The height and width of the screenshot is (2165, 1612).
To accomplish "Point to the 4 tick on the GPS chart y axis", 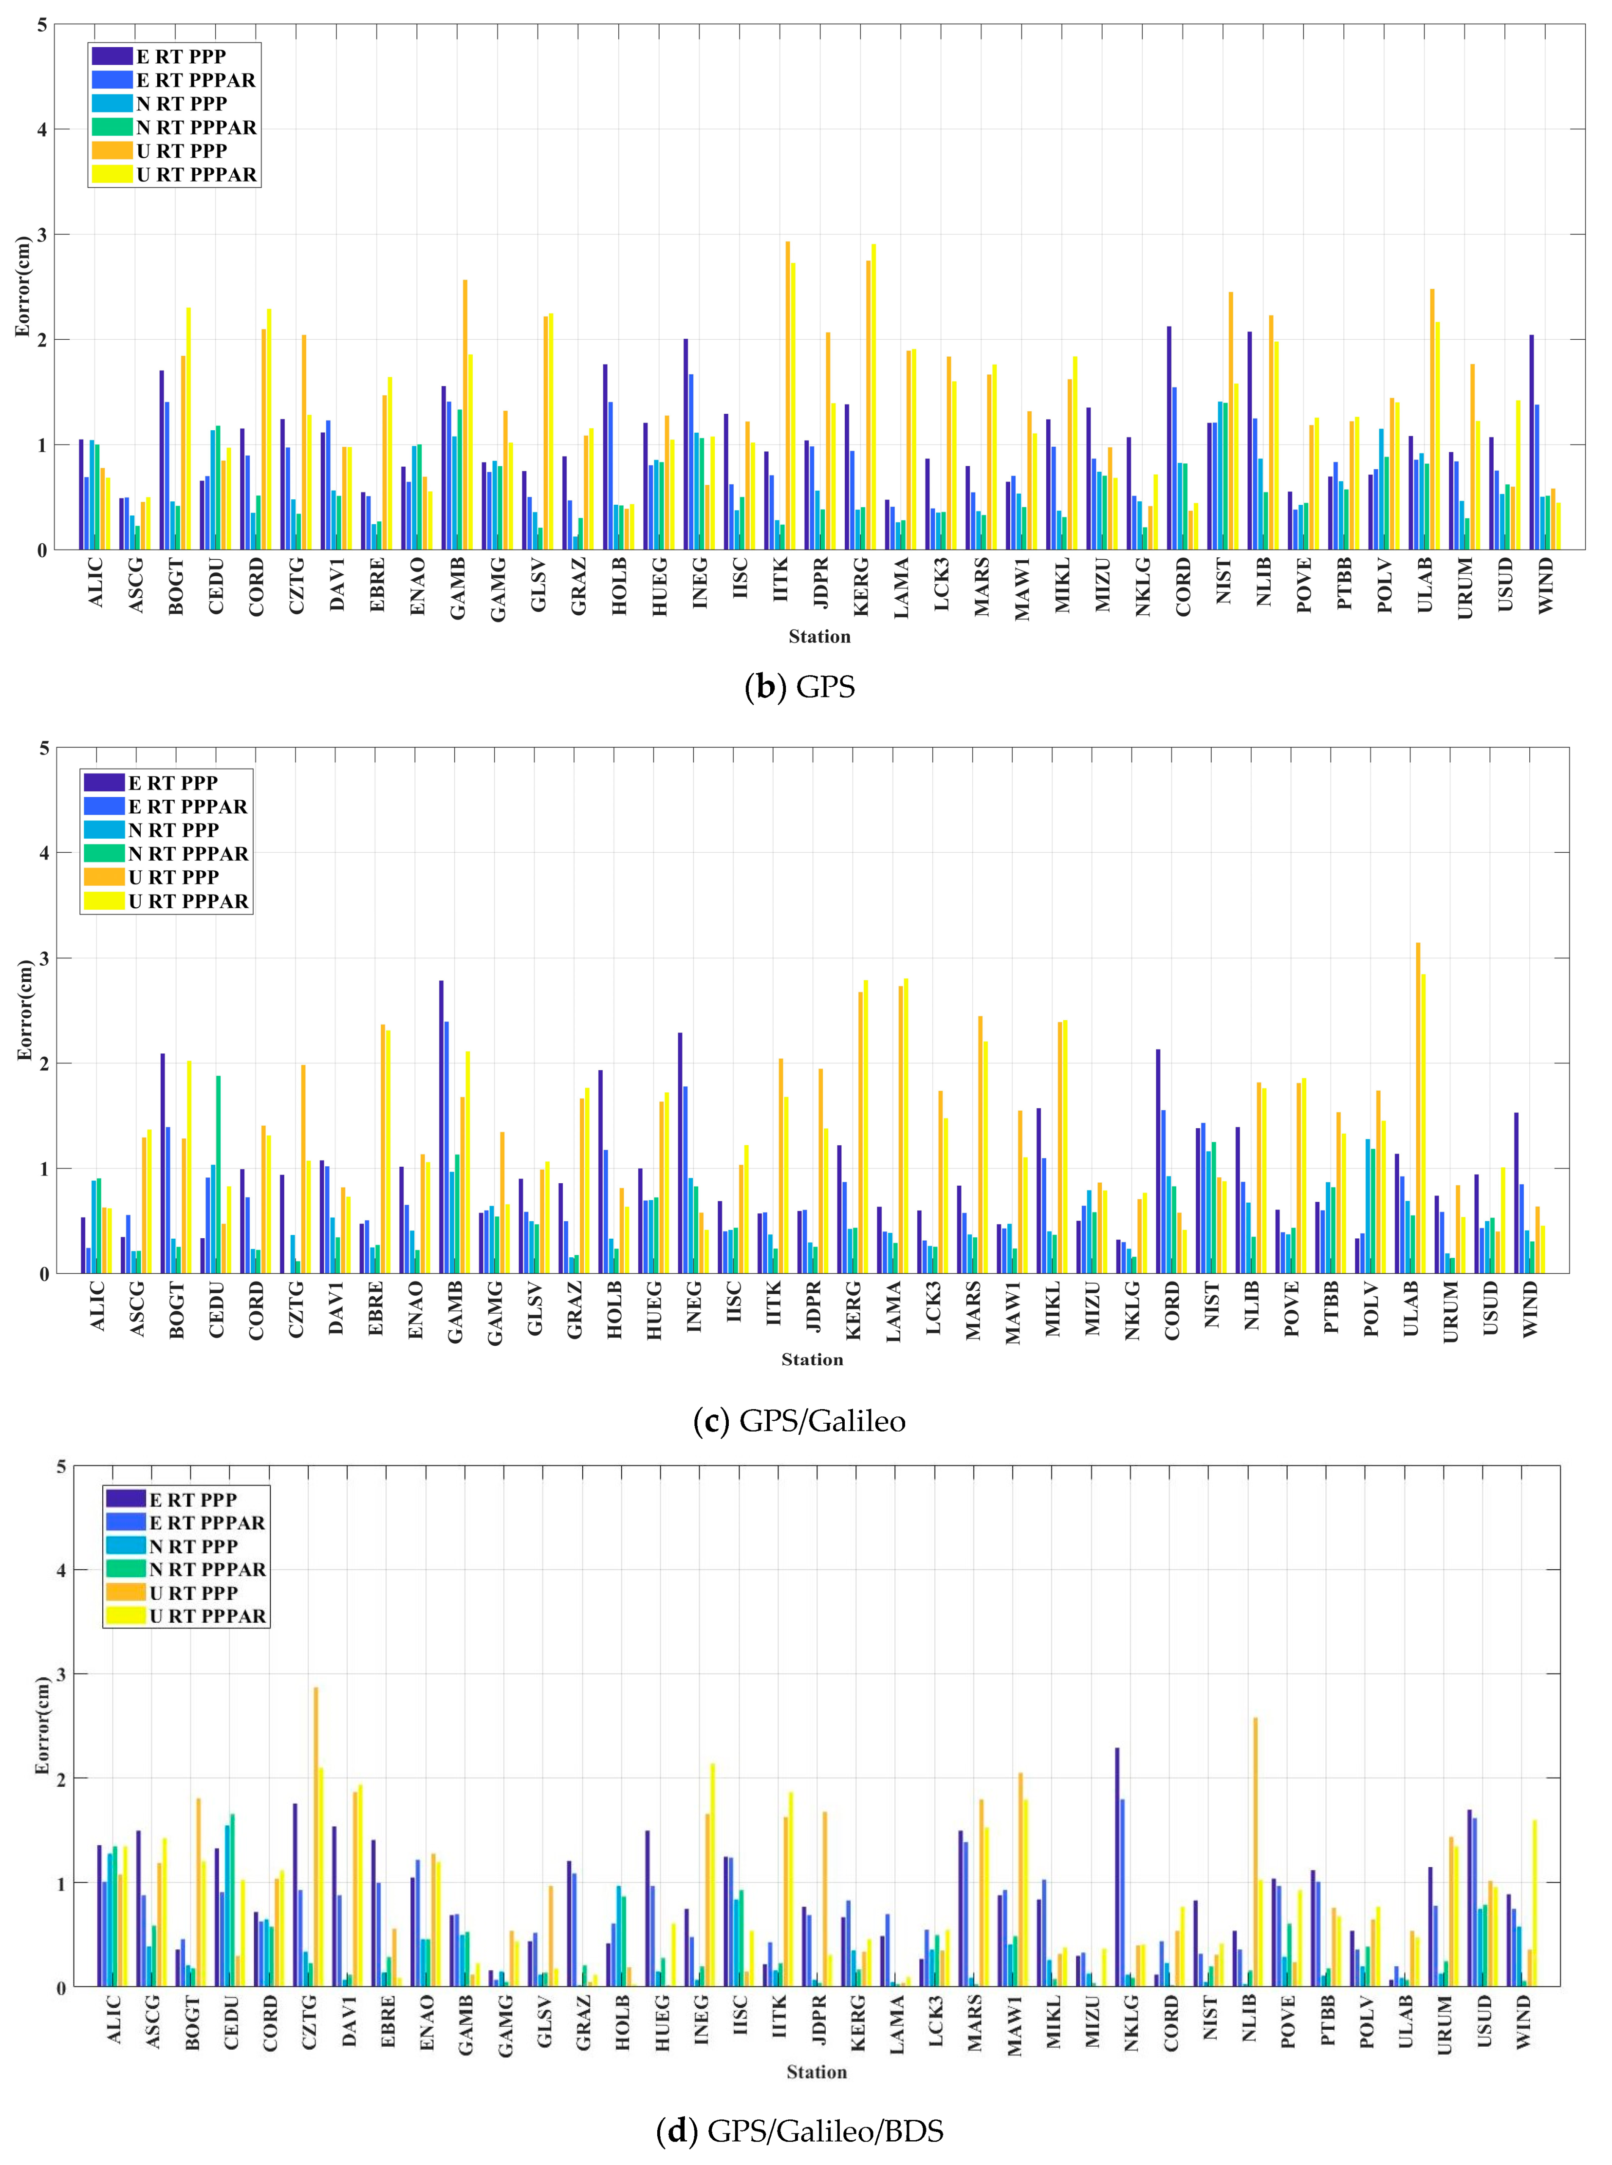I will (x=42, y=130).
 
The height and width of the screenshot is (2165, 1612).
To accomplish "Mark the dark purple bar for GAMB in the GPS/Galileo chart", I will (x=441, y=1127).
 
